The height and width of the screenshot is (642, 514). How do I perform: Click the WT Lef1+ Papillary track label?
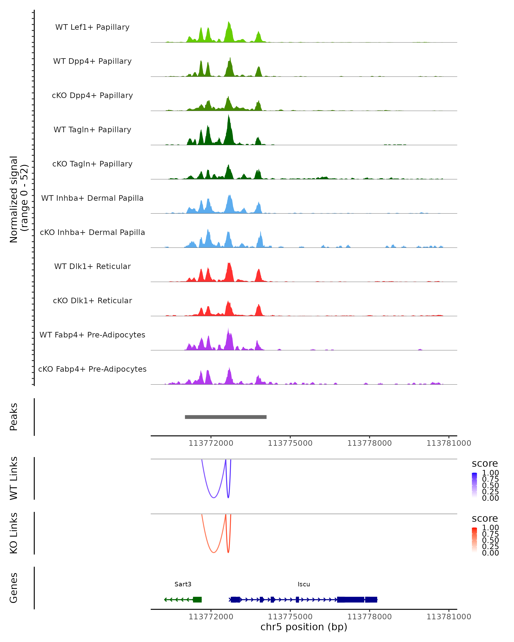coord(92,27)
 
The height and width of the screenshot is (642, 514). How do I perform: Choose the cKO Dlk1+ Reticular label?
coord(92,300)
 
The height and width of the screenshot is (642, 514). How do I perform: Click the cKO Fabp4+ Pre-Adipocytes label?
coord(92,369)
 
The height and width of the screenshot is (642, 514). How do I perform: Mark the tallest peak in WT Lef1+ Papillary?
coord(229,23)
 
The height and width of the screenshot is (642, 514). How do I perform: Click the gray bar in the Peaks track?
coord(226,417)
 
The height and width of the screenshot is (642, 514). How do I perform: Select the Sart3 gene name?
coord(183,584)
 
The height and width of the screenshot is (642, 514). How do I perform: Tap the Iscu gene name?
coord(304,584)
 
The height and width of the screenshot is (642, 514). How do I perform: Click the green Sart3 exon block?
coord(197,599)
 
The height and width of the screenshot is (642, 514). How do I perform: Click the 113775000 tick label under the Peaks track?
coord(290,443)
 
